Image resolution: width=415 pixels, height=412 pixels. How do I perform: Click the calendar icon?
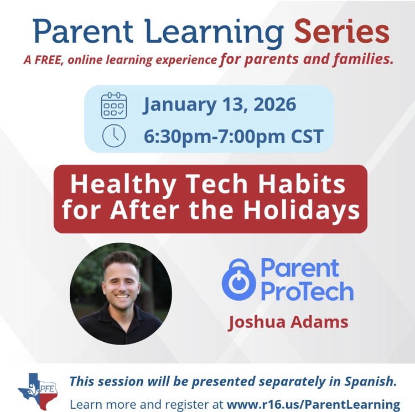(x=113, y=106)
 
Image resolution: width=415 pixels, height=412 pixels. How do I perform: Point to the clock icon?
(x=113, y=136)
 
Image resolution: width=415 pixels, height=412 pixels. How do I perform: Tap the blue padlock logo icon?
(x=237, y=279)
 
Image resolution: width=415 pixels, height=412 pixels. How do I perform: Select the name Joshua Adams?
(x=288, y=322)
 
